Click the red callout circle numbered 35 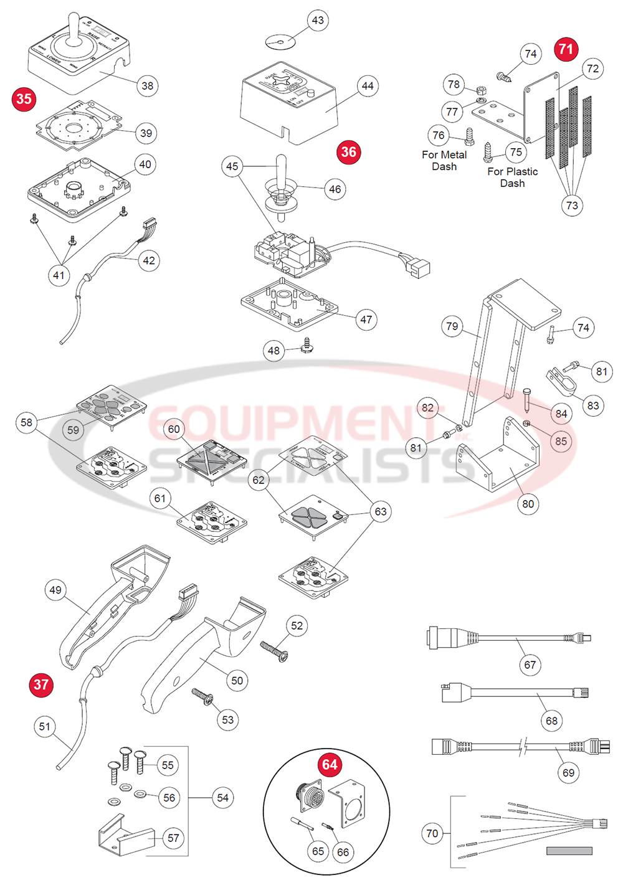click(x=24, y=99)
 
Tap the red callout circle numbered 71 click(x=566, y=49)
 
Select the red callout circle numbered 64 click(x=330, y=765)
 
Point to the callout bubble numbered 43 click(x=318, y=21)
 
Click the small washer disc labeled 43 click(x=280, y=42)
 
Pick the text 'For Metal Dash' click(x=444, y=161)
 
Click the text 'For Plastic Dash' click(x=512, y=177)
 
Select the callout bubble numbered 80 click(x=528, y=504)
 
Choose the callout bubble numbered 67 click(x=530, y=665)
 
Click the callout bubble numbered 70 click(x=432, y=833)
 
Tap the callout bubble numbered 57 click(x=173, y=838)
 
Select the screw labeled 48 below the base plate click(x=306, y=345)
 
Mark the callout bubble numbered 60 click(x=174, y=429)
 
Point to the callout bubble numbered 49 click(x=55, y=590)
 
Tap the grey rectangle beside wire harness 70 click(x=569, y=851)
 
